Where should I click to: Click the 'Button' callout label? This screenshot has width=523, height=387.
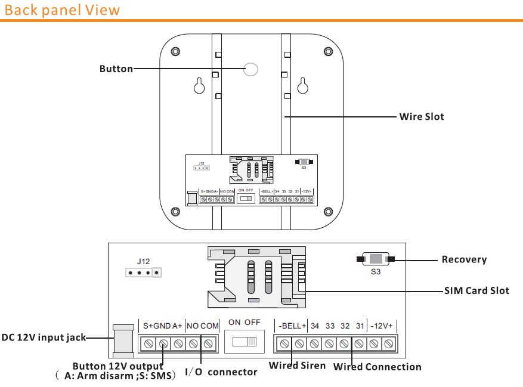116,69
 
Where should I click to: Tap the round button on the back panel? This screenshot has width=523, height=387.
252,70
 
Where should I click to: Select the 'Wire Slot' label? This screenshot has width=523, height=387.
422,117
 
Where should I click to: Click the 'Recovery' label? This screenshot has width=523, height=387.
464,259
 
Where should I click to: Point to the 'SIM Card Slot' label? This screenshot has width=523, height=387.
476,291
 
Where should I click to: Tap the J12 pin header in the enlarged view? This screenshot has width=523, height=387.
143,273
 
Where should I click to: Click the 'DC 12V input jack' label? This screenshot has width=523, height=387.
44,338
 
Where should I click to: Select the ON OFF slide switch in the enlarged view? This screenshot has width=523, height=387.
245,342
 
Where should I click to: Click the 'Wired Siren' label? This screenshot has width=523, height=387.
297,366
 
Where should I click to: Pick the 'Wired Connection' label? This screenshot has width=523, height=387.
377,367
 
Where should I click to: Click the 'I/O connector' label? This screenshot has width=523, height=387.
221,372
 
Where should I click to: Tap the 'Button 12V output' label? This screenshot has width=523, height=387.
117,366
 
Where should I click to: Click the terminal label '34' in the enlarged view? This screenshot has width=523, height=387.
315,326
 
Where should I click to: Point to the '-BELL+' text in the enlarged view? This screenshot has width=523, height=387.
292,326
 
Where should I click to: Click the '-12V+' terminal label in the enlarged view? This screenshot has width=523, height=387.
382,326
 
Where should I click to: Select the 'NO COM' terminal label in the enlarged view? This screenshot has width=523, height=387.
203,326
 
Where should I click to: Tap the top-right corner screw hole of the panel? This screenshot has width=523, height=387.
328,51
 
